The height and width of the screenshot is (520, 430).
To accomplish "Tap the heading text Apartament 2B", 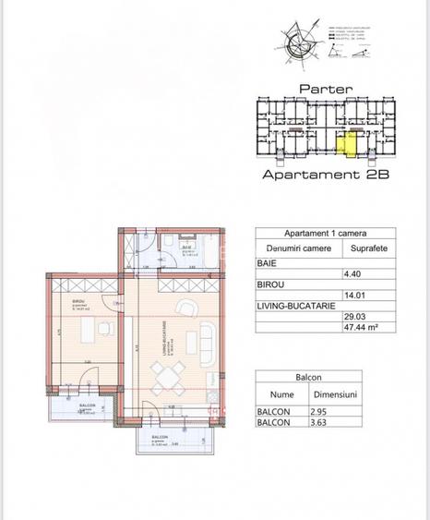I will pos(323,174).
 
